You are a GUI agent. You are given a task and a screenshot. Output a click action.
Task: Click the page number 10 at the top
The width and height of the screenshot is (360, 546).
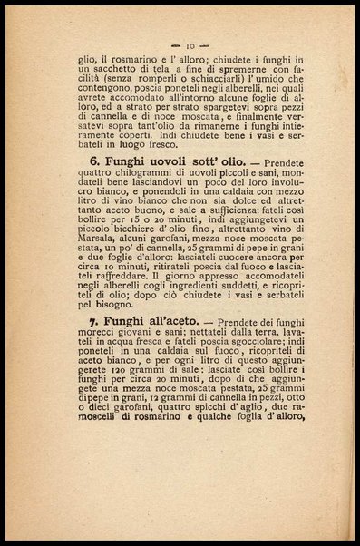[x=187, y=44]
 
